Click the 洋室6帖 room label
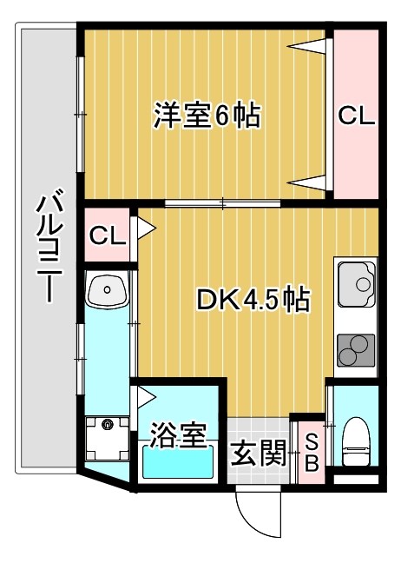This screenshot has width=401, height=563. coord(207,116)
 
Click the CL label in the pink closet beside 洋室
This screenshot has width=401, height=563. coord(356,116)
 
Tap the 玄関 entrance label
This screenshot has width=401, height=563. coord(259,454)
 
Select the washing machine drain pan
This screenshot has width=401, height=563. coord(107,440)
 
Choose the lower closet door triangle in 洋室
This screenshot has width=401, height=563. coord(310,182)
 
